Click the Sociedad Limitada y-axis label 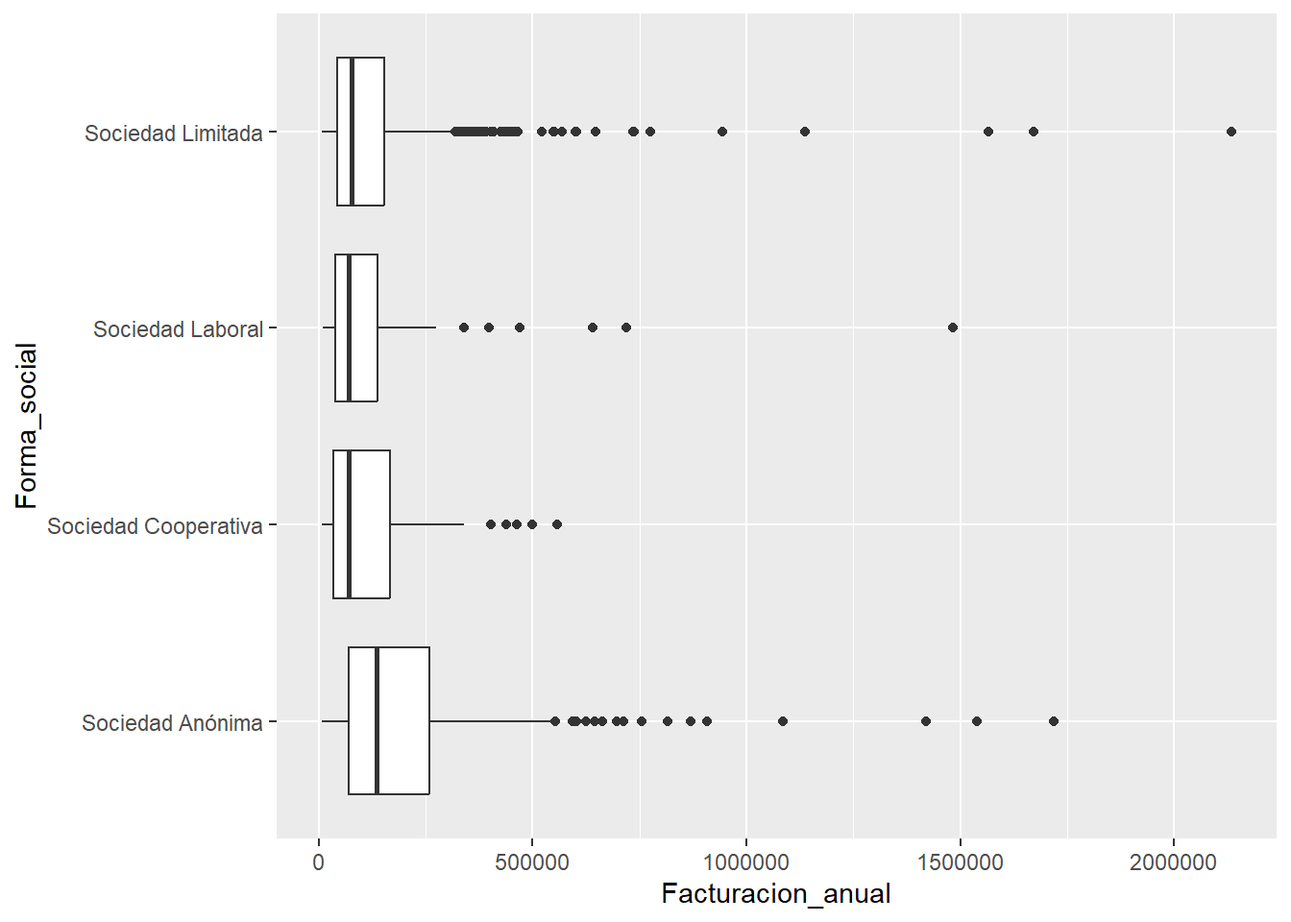coord(173,133)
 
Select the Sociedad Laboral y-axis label coord(178,329)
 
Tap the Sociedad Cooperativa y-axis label coord(155,526)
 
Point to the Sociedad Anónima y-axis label coord(172,723)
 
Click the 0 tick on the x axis coord(319,862)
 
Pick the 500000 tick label coord(532,862)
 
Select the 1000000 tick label coord(746,862)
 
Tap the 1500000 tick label coord(960,862)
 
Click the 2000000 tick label coord(1173,862)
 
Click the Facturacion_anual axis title coord(776,894)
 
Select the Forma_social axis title coord(27,425)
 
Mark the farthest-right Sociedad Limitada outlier coord(1231,132)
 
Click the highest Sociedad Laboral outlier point coord(953,328)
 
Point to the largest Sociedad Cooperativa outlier coord(557,524)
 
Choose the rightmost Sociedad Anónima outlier coord(1054,721)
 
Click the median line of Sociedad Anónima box coord(377,721)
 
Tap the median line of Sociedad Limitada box coord(352,132)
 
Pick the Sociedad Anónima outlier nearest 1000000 coord(783,721)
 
